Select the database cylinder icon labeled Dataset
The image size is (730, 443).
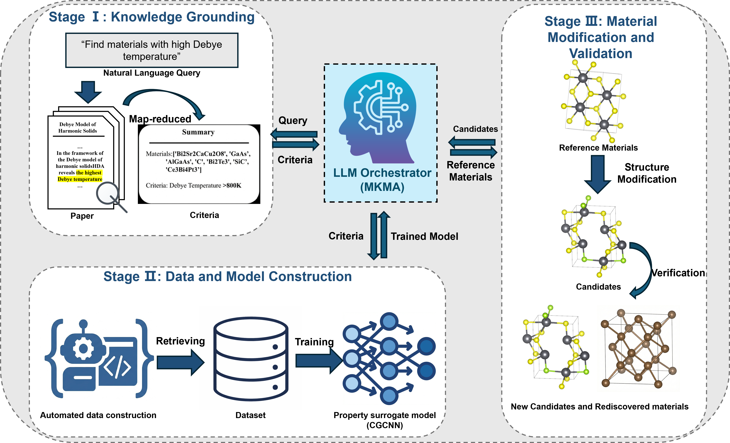pyautogui.click(x=251, y=359)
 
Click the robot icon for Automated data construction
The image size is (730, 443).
pyautogui.click(x=99, y=358)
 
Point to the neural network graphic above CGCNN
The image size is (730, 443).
pyautogui.click(x=389, y=358)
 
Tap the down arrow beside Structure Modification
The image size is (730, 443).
pyautogui.click(x=598, y=174)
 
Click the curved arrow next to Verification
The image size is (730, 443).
pyautogui.click(x=641, y=270)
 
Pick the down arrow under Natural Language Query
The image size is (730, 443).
pyautogui.click(x=88, y=92)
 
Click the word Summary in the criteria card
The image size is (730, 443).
pyautogui.click(x=198, y=132)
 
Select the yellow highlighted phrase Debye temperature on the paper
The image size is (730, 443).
pyautogui.click(x=80, y=179)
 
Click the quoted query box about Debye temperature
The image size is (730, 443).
pyautogui.click(x=152, y=50)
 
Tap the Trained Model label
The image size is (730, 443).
pyautogui.click(x=424, y=236)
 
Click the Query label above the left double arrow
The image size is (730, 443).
pyautogui.click(x=293, y=121)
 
